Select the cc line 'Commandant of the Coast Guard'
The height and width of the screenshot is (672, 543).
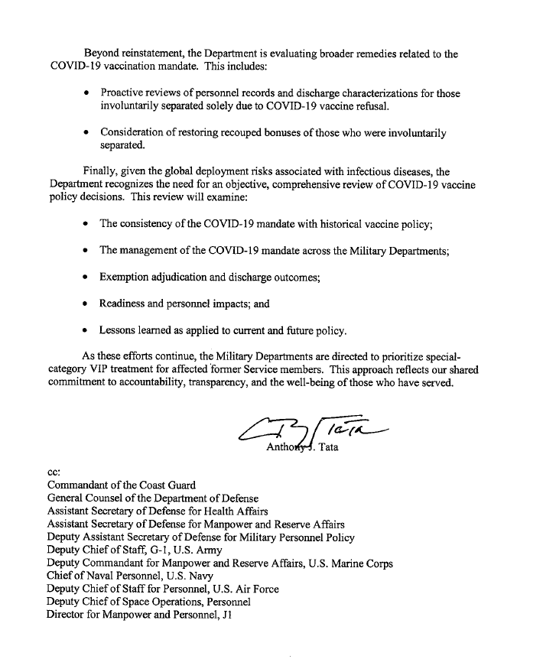coord(122,485)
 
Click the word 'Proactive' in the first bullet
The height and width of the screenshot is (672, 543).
coord(126,94)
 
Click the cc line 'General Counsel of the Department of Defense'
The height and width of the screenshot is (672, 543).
coord(153,498)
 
